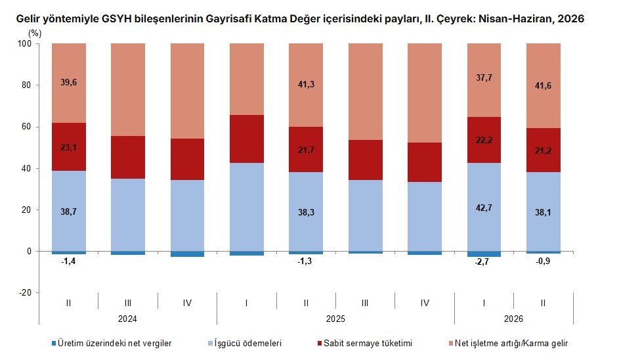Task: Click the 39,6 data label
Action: tap(69, 83)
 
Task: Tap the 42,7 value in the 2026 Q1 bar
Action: tap(484, 208)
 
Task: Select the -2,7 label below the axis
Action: tap(482, 261)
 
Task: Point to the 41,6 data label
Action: tap(543, 85)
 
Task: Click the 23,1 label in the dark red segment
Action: tap(69, 147)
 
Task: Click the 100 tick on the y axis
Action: tap(24, 43)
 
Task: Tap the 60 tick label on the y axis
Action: tap(26, 127)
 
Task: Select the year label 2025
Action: tap(335, 319)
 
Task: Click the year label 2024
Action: tap(127, 319)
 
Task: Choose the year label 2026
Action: tap(513, 319)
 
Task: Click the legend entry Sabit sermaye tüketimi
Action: tap(364, 343)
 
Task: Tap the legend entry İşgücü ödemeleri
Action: tap(245, 343)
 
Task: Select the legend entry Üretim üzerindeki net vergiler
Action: tap(112, 343)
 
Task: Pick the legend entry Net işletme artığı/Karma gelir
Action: tap(508, 343)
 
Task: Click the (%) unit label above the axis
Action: tap(34, 34)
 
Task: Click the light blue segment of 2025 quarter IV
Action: tap(425, 217)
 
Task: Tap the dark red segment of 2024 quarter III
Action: tap(128, 157)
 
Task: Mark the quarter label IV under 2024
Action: tap(187, 303)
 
